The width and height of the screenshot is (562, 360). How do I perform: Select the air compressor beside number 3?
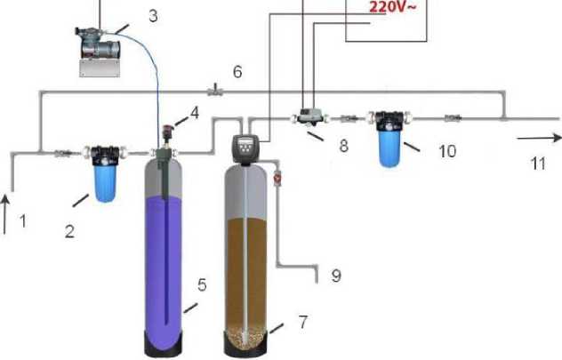pos(100,46)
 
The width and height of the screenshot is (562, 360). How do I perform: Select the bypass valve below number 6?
pos(214,90)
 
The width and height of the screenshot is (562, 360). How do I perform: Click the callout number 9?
pos(335,276)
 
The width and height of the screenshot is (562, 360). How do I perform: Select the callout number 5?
pos(202,285)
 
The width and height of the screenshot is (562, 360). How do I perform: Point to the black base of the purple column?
pos(168,345)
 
